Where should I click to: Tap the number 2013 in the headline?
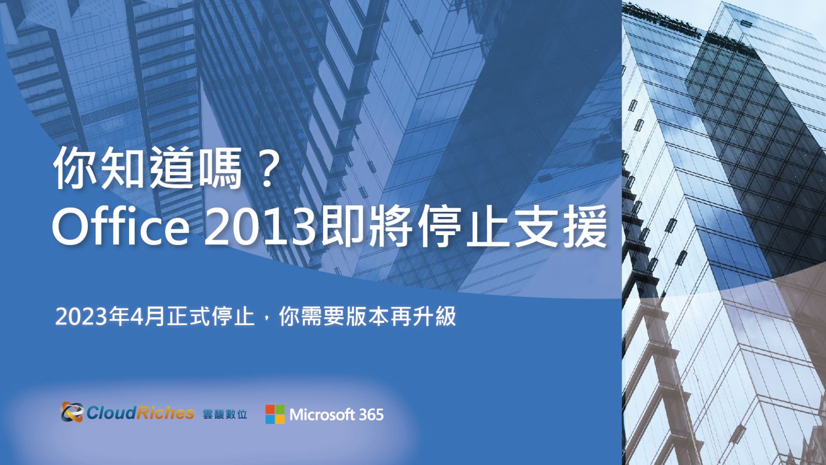pos(261,227)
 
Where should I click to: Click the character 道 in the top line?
pos(170,168)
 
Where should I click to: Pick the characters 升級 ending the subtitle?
pos(434,317)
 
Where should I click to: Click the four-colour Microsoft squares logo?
pos(275,414)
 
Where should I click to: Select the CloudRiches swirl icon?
pos(72,412)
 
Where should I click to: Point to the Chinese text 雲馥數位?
pos(225,414)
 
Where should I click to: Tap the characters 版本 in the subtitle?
pos(368,317)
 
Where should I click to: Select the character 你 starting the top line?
pos(75,168)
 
